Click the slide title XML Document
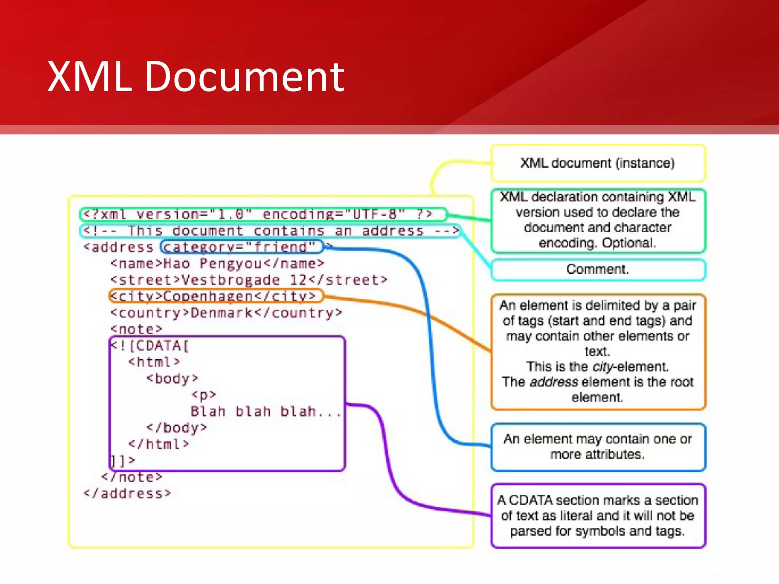pos(196,77)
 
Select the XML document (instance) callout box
pos(598,163)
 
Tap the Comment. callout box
pos(598,270)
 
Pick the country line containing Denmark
pos(227,313)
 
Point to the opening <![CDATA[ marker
pos(150,346)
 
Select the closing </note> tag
pos(132,477)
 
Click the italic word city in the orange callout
pos(603,367)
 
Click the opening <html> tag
pos(154,362)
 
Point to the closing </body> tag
pos(177,428)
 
